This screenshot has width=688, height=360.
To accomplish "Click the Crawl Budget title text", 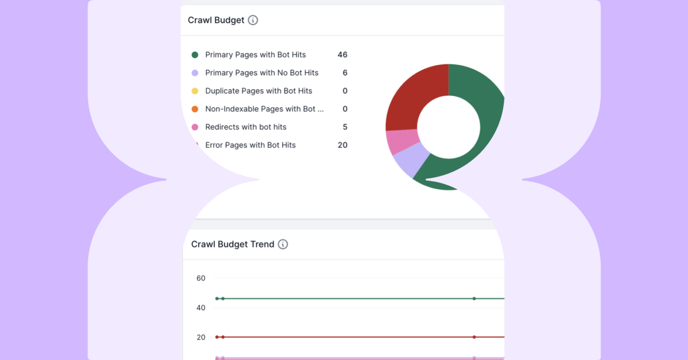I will (216, 20).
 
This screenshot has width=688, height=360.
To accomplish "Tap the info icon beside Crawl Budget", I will (253, 20).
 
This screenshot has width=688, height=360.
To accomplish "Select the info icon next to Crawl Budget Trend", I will (283, 244).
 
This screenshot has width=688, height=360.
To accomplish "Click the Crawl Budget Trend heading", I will (233, 244).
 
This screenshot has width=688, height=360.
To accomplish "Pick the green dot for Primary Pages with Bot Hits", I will (195, 55).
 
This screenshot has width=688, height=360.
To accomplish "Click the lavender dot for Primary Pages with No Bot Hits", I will (195, 73).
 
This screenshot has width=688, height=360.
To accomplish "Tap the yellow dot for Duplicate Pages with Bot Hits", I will (195, 91).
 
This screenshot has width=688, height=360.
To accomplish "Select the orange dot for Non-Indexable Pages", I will (195, 109).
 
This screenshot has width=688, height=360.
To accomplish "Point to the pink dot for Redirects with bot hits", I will (195, 127).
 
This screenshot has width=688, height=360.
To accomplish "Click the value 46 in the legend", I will (342, 55).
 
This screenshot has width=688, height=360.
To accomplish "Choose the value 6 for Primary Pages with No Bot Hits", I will (345, 73).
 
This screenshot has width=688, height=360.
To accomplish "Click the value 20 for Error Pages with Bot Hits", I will (342, 145).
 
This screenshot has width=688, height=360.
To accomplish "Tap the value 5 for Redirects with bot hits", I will (345, 127).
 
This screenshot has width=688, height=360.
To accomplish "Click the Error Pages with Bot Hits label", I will (250, 145).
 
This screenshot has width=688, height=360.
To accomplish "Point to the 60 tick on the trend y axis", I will (201, 278).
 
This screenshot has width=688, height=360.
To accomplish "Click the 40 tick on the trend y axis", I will (201, 308).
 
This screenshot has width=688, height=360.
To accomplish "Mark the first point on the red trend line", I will (217, 337).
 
